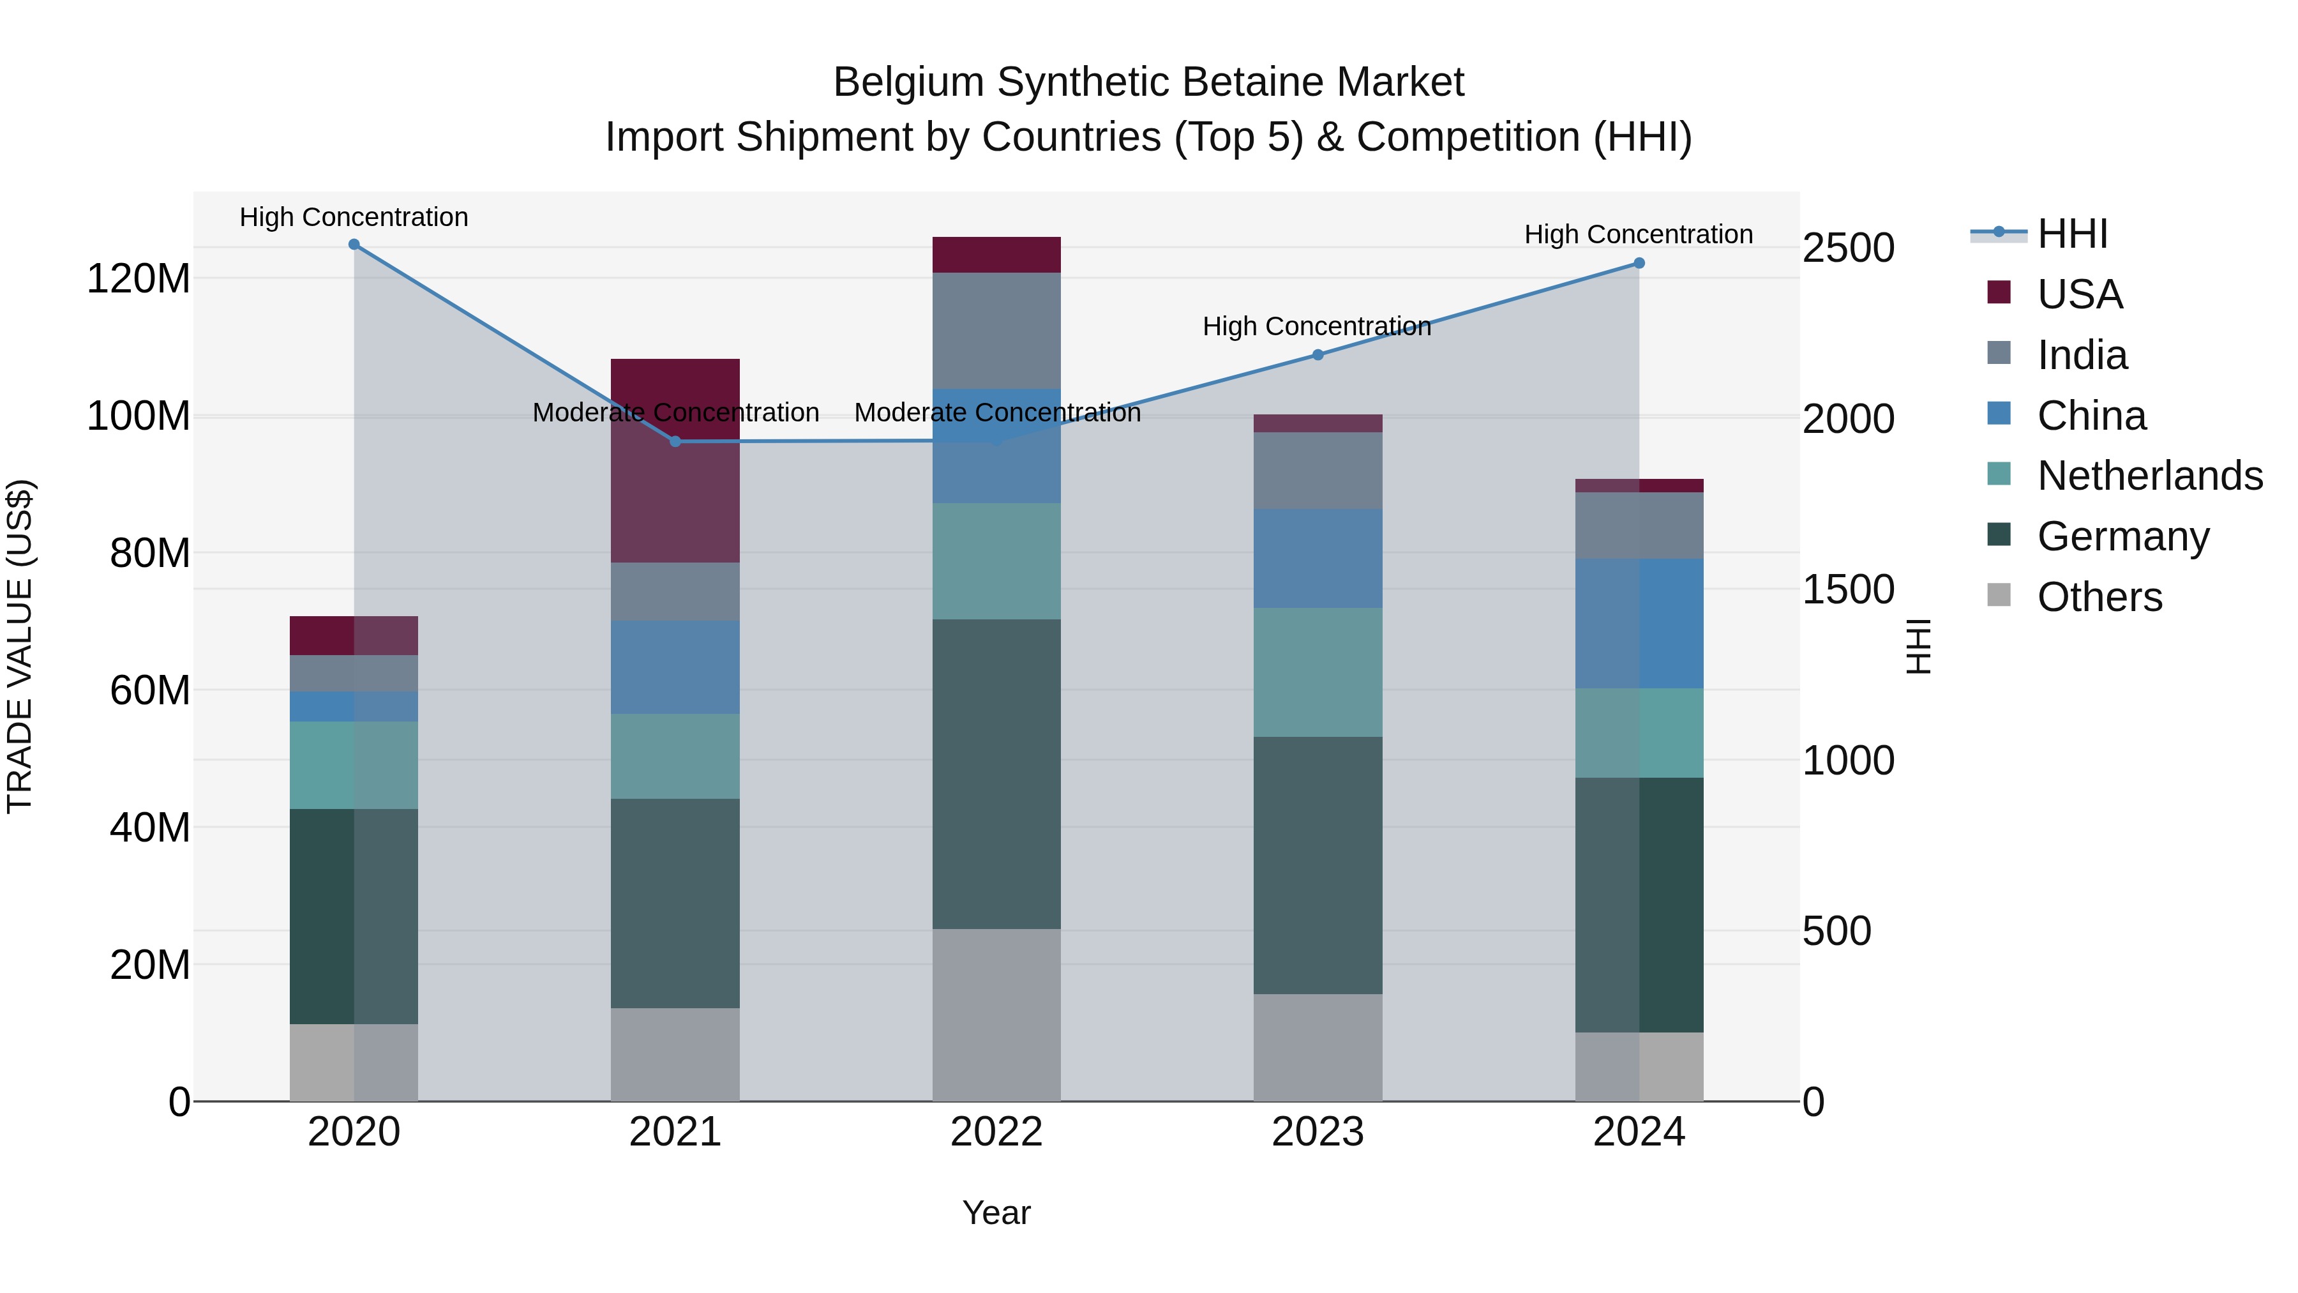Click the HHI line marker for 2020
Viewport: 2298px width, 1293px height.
click(354, 245)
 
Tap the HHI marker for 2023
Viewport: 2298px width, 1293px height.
click(1318, 355)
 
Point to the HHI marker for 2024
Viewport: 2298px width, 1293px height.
click(1639, 263)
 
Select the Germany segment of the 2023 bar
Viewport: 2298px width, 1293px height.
click(1318, 866)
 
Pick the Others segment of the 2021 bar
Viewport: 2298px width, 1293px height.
click(675, 1055)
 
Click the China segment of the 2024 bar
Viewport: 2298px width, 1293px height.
click(1639, 624)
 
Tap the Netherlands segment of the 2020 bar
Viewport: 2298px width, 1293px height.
click(354, 766)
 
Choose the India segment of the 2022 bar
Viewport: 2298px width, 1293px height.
click(996, 331)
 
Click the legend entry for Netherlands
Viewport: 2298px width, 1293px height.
click(2149, 476)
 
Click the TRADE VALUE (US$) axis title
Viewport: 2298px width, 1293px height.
click(20, 646)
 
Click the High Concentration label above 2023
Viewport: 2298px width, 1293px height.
click(1317, 326)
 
